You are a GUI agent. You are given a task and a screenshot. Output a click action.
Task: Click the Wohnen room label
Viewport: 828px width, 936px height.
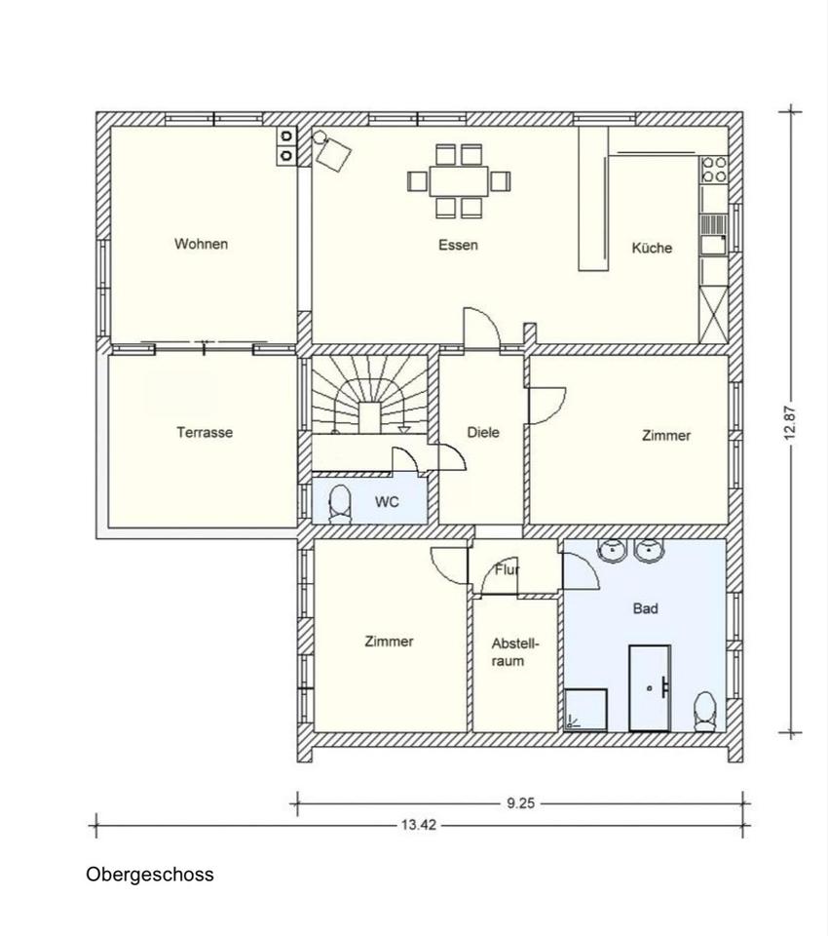[201, 244]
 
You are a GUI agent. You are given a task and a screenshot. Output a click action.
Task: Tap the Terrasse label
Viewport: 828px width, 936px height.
[205, 432]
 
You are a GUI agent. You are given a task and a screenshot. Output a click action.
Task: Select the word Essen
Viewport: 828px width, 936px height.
[458, 245]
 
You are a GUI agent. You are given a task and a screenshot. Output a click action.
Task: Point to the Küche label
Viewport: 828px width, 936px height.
[652, 248]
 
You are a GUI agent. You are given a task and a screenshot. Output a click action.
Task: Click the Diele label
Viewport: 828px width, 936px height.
[483, 432]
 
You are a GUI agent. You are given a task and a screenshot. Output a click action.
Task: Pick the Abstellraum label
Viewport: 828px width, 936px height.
[514, 652]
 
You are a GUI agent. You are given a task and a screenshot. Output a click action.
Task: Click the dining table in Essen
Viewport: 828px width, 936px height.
[459, 181]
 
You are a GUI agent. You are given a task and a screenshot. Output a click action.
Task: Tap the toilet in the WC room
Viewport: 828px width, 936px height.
[340, 504]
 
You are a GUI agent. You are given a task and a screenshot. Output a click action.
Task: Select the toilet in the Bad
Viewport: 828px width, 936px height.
[705, 712]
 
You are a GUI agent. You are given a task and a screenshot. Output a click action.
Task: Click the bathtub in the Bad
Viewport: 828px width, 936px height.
[650, 687]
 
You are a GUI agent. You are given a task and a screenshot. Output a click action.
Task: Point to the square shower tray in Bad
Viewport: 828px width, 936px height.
[585, 710]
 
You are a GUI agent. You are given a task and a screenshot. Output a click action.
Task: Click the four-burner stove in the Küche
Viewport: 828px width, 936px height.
[714, 170]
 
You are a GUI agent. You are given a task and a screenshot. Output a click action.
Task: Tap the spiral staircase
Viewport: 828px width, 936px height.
[370, 395]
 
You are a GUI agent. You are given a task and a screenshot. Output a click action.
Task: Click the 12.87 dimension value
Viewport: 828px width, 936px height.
[790, 422]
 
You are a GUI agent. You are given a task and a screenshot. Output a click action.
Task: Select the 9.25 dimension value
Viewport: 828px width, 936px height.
[521, 803]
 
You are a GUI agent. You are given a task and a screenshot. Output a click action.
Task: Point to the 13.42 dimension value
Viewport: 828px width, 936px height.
[418, 825]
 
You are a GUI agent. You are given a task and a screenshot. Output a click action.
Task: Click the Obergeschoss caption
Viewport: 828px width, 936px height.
[150, 875]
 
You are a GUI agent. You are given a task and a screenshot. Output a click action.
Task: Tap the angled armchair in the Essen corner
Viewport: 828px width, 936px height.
[333, 154]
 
